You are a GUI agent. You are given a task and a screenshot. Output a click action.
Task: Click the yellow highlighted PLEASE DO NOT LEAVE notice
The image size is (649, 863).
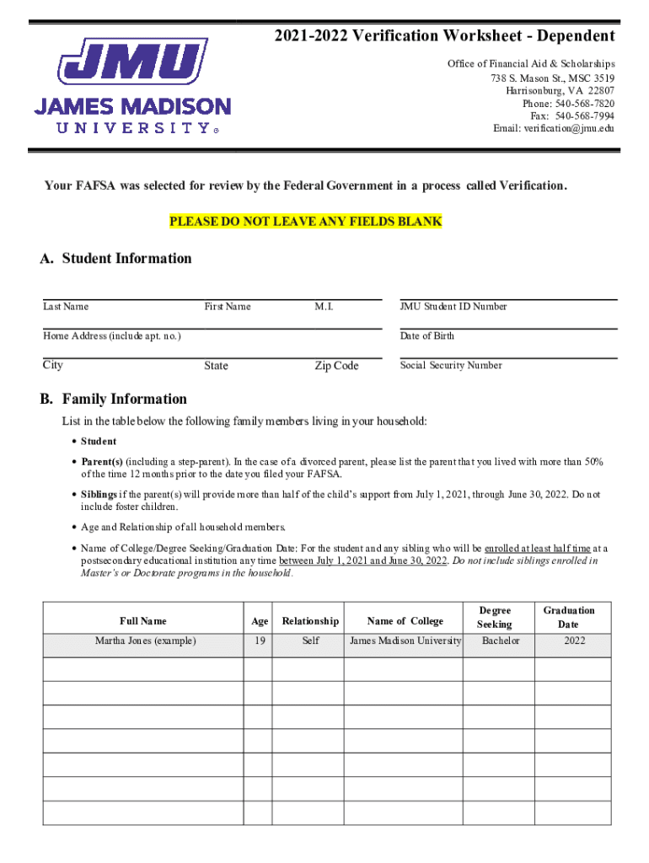pos(306,222)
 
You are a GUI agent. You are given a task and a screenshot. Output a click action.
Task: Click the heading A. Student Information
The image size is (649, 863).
pos(115,259)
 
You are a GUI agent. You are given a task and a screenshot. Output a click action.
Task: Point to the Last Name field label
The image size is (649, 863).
pos(66,307)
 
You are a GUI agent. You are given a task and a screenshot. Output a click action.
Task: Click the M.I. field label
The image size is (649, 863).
pos(324,307)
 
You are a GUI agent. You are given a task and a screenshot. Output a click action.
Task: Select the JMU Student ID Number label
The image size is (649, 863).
pos(453,307)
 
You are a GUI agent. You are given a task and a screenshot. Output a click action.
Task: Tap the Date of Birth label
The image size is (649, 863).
pos(426,336)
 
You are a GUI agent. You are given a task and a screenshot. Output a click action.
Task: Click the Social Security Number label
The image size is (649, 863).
pos(451,366)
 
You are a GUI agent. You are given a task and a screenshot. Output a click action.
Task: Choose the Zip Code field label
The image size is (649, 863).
pos(336,366)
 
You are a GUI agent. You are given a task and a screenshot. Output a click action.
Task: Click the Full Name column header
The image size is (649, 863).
pos(142,621)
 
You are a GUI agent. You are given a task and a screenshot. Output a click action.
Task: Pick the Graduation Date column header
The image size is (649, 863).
pos(568,617)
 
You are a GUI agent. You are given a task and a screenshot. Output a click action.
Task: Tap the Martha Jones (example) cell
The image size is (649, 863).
pos(145,641)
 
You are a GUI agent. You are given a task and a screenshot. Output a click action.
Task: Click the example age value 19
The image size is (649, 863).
pos(259,641)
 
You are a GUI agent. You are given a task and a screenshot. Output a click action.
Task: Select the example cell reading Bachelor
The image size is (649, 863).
pos(501,641)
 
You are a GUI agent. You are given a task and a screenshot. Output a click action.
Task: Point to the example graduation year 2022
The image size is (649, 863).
pos(575,641)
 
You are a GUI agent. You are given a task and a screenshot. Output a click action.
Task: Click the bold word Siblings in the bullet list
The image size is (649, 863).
pos(99,495)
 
